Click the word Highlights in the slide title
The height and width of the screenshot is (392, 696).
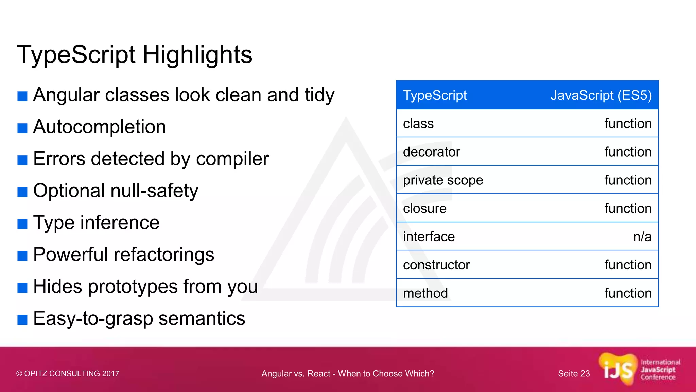tap(197, 55)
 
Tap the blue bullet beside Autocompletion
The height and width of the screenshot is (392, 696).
tap(22, 128)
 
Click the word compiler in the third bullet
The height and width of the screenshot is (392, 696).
tap(232, 159)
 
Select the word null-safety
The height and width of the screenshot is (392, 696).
tap(154, 191)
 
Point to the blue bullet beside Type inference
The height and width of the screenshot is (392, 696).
tap(22, 224)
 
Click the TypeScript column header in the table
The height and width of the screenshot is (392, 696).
tap(435, 95)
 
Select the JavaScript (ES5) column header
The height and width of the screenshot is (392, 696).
tap(601, 95)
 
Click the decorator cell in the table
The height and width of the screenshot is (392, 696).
tap(431, 152)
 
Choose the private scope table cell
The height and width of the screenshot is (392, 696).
tap(443, 180)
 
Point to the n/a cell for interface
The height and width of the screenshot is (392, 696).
tap(642, 236)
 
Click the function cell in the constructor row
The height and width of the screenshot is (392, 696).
tap(628, 265)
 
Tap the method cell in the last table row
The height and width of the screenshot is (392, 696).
tap(425, 293)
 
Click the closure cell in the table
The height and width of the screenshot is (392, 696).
tap(424, 208)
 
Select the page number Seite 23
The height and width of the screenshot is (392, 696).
tap(574, 374)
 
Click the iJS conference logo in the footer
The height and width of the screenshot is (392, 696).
tap(639, 370)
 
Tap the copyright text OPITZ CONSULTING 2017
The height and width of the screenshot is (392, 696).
tap(71, 374)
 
